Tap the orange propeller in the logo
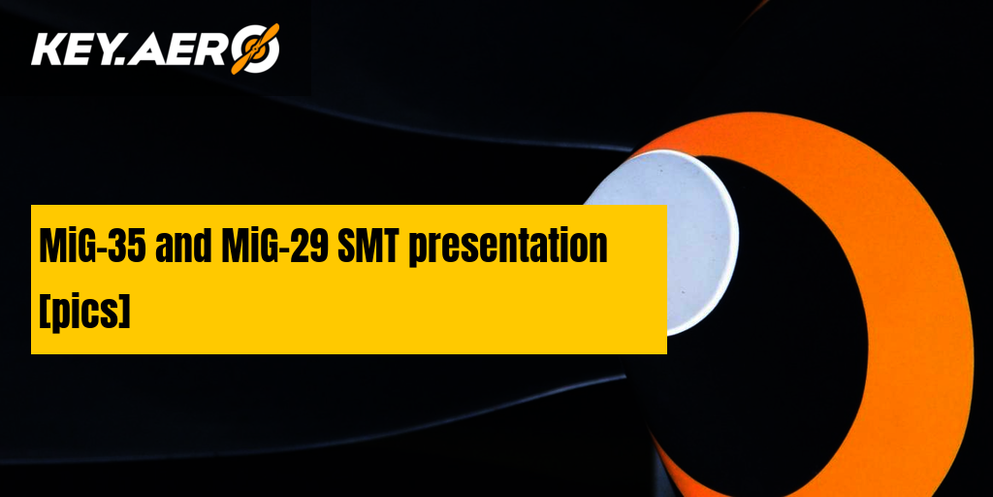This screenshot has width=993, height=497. point(255,49)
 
